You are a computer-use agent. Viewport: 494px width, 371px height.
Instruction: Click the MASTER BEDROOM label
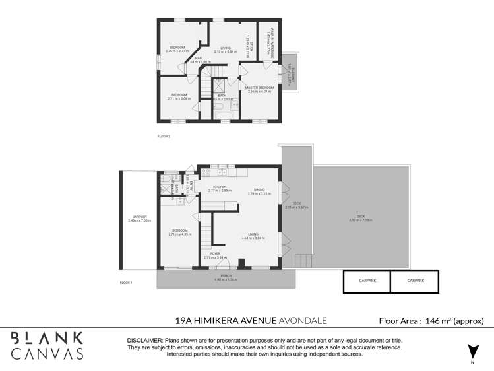pos(259,88)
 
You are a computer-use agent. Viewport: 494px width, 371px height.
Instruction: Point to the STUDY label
pos(248,40)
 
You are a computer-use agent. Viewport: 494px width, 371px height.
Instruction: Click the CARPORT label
pos(139,217)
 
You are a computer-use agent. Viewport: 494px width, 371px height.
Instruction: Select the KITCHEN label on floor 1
pos(220,187)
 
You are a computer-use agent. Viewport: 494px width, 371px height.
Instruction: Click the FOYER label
pos(215,253)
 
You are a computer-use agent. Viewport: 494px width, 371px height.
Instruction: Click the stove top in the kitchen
pos(205,173)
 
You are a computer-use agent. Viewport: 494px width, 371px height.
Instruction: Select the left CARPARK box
pos(366,281)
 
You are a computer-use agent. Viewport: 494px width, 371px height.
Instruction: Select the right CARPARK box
pos(415,281)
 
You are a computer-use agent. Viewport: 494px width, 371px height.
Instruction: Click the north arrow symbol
pos(472,351)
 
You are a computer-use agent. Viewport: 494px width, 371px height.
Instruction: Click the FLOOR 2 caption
pos(164,136)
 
